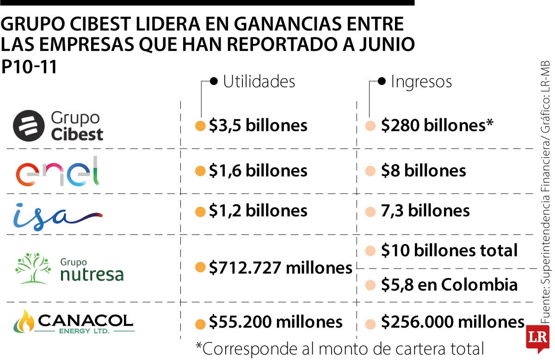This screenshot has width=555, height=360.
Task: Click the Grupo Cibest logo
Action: point(58,125)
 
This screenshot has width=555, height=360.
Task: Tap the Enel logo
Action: point(58,171)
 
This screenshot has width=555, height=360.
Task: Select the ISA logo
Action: point(57,215)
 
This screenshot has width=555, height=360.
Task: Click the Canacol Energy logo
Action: point(74,322)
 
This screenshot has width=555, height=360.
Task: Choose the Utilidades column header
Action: point(259,82)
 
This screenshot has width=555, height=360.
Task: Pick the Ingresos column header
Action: point(421,82)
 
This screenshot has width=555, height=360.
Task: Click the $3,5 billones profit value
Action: point(258,125)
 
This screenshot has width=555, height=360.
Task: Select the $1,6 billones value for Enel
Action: point(258,171)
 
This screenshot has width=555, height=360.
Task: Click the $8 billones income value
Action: point(423,171)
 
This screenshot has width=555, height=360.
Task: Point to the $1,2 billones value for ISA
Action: point(258,211)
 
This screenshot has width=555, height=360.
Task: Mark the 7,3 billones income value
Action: point(425,211)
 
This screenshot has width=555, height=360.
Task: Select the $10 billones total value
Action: point(449,250)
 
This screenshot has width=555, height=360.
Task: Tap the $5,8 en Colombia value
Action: point(449,284)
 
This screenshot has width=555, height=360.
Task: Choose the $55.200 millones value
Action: point(276,322)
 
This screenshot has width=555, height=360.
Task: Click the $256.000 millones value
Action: point(452,322)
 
